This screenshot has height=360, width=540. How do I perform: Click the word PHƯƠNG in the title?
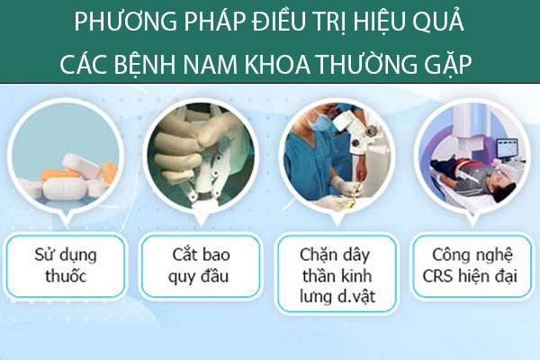(x=125, y=22)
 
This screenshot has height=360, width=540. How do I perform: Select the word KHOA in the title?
(x=277, y=64)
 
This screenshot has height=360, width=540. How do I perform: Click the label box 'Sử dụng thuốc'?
(x=66, y=266)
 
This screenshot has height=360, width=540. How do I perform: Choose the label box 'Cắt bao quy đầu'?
(x=201, y=266)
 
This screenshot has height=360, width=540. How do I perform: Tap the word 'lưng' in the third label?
(x=315, y=297)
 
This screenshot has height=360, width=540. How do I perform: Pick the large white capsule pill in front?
(x=66, y=188)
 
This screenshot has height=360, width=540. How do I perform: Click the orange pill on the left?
(x=60, y=175)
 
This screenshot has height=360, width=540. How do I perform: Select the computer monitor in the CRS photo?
(x=507, y=148)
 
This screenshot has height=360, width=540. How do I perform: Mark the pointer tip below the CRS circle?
(x=472, y=226)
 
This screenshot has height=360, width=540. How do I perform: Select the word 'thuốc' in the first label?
(x=66, y=276)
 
